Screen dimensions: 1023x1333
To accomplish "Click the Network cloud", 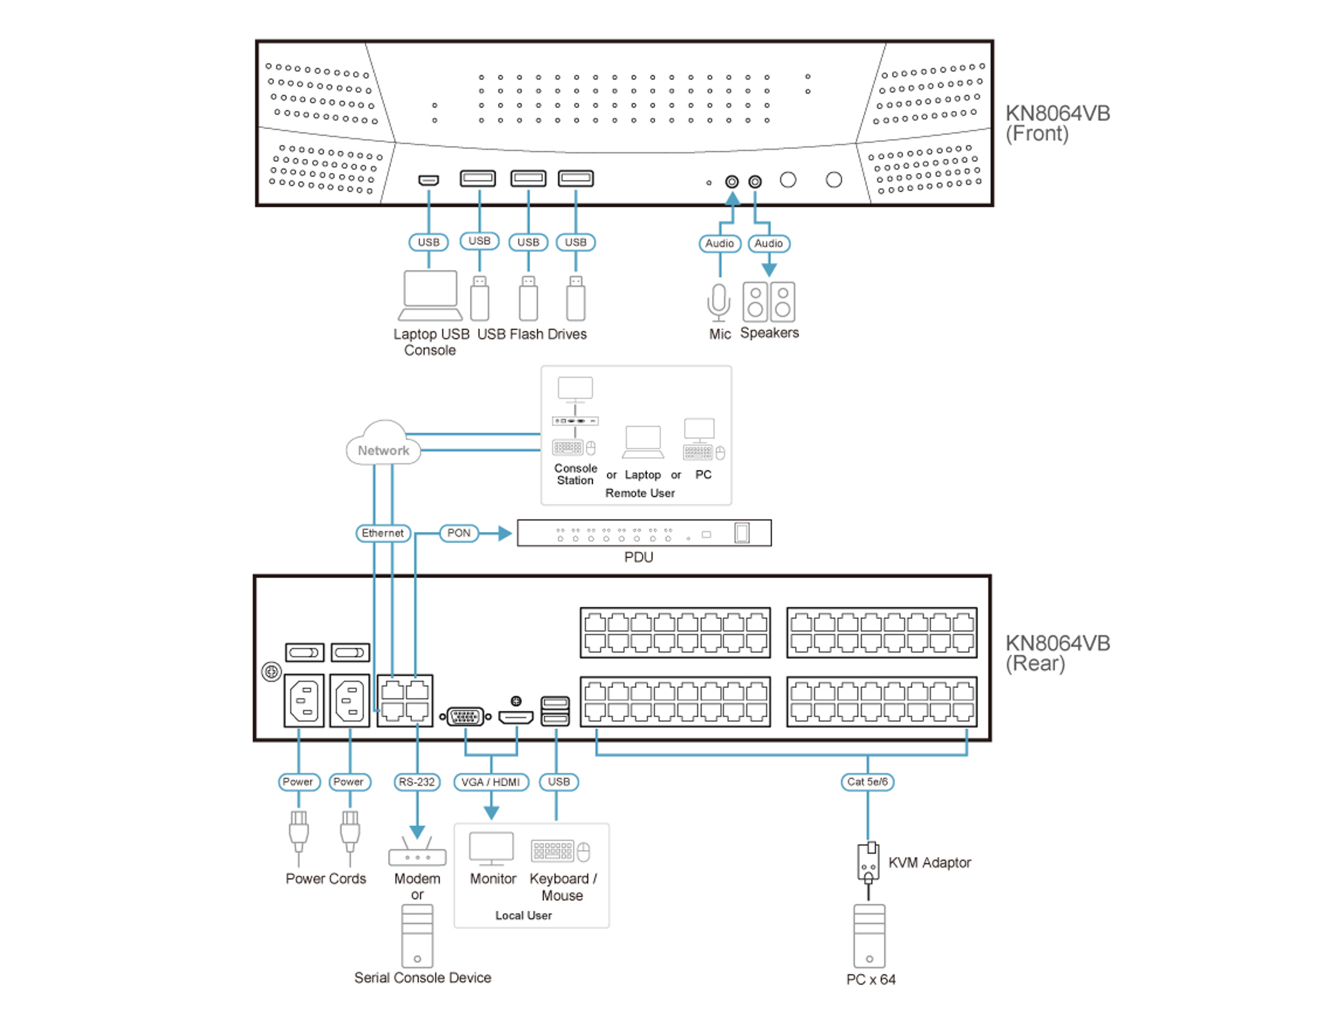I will click(x=383, y=445).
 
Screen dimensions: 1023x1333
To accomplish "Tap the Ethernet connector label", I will click(x=383, y=533).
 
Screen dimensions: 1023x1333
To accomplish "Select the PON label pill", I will click(x=459, y=533).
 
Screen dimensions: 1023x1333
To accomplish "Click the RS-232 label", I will click(x=417, y=781).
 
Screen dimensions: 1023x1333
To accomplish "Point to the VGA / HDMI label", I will click(x=491, y=781).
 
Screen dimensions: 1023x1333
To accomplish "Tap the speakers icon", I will click(x=769, y=301).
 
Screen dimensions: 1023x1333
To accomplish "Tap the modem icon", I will click(x=417, y=853).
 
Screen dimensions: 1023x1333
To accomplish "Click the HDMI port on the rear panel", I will click(x=516, y=717).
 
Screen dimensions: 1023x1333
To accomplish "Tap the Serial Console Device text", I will click(x=422, y=977).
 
